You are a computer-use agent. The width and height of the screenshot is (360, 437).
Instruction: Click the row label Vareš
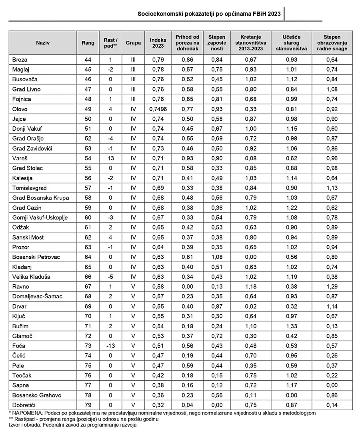20,158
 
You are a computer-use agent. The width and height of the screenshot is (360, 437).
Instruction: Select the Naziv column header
43,43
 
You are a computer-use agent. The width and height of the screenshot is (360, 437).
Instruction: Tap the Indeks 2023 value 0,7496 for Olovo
158,109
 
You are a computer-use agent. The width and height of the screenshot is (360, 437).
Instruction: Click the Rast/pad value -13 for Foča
110,346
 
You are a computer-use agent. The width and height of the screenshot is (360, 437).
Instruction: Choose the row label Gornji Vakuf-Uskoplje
40,218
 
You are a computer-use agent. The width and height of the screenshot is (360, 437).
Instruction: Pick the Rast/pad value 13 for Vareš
110,158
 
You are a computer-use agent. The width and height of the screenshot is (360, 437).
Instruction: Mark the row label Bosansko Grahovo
37,395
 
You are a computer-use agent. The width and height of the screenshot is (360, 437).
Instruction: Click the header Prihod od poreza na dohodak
187,43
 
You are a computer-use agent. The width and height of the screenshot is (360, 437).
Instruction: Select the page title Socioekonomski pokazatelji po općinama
209,14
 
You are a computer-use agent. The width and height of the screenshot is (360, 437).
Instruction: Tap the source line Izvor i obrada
72,425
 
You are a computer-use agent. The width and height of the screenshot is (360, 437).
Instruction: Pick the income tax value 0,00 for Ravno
187,287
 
